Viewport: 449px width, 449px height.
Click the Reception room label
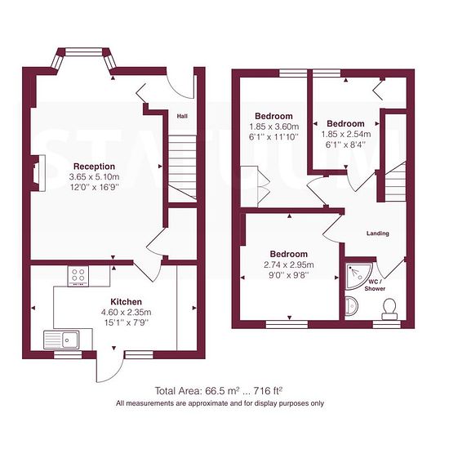pyautogui.click(x=94, y=167)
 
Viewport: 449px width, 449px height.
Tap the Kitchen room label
pyautogui.click(x=126, y=302)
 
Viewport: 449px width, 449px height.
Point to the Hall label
pyautogui.click(x=182, y=116)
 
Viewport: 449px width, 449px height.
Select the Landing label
pyautogui.click(x=378, y=233)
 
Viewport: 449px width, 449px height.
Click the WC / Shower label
pyautogui.click(x=375, y=286)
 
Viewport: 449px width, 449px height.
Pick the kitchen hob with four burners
pyautogui.click(x=78, y=276)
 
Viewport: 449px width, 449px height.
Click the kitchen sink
pyautogui.click(x=61, y=340)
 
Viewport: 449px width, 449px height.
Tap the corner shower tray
pyautogui.click(x=358, y=275)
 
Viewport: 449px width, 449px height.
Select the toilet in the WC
pyautogui.click(x=389, y=309)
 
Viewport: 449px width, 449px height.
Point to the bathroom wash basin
pyautogui.click(x=351, y=306)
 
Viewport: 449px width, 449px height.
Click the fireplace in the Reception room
pyautogui.click(x=38, y=173)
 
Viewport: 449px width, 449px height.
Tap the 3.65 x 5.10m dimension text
pyautogui.click(x=94, y=176)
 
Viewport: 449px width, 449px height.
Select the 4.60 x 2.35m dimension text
pyautogui.click(x=127, y=312)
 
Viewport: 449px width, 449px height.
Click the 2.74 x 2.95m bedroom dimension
pyautogui.click(x=289, y=265)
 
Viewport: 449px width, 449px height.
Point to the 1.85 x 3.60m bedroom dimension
pyautogui.click(x=274, y=127)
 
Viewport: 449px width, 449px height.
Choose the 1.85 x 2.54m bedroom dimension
pyautogui.click(x=346, y=134)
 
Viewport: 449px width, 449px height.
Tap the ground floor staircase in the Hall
pyautogui.click(x=182, y=167)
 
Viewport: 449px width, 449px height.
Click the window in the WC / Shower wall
pyautogui.click(x=387, y=324)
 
